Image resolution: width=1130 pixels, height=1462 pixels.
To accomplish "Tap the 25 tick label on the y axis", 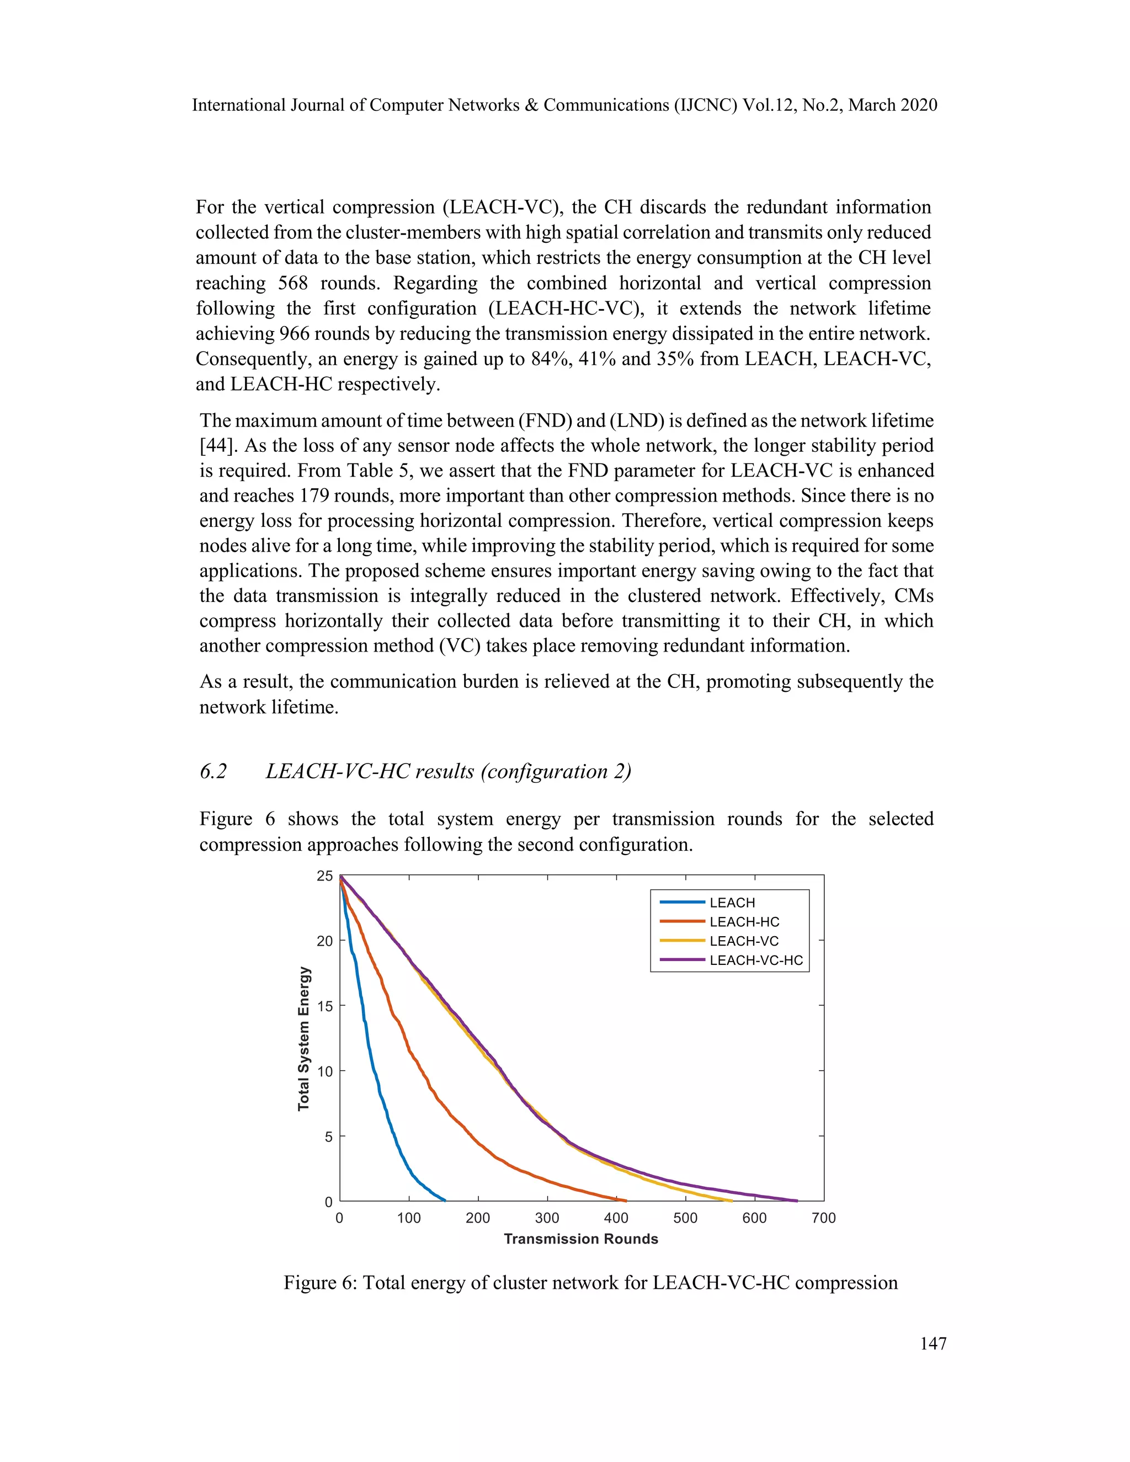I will [x=324, y=876].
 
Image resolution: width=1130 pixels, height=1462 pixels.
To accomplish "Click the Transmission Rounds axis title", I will [x=581, y=1239].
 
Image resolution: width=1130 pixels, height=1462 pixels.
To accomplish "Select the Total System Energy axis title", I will [x=304, y=1038].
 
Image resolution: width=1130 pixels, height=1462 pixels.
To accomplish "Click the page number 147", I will [x=933, y=1343].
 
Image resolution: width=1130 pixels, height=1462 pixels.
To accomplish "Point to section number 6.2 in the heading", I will [x=214, y=771].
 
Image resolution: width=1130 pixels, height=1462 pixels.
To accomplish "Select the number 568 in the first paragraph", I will [x=292, y=283].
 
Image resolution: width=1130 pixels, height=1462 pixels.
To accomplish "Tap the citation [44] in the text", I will [x=214, y=446].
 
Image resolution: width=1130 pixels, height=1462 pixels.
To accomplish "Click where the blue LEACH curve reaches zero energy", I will [x=445, y=1200].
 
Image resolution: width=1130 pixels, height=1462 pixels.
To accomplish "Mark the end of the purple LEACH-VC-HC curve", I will [x=797, y=1201].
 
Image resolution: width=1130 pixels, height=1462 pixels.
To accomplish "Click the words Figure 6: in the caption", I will [x=320, y=1283].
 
